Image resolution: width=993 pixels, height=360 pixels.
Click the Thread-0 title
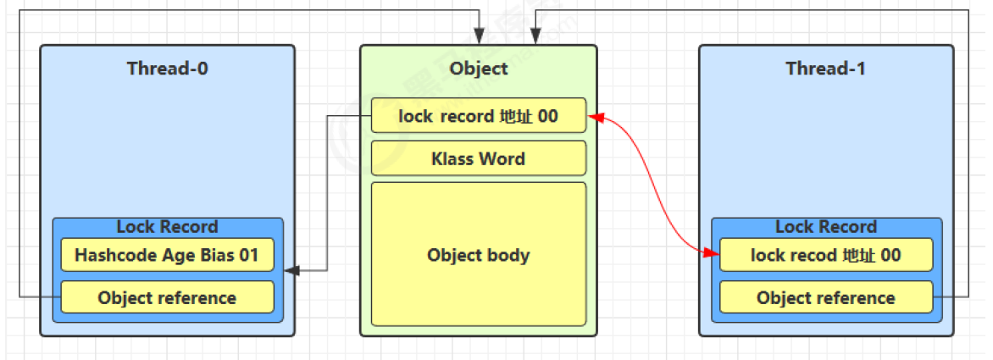pos(168,69)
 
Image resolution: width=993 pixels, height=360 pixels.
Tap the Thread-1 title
pos(825,69)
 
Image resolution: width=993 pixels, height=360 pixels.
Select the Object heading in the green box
pos(479,69)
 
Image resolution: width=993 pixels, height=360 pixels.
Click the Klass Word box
pos(479,158)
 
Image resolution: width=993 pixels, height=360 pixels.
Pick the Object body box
pos(479,254)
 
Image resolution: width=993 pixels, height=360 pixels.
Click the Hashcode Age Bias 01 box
pos(167,255)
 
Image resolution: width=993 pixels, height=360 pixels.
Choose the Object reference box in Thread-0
pos(167,297)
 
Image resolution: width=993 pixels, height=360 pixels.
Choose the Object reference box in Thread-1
pos(826,297)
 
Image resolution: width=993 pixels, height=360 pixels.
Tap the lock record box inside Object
pos(479,116)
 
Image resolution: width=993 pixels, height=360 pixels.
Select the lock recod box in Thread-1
pos(826,255)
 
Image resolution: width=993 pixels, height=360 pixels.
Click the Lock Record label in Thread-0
pos(167,227)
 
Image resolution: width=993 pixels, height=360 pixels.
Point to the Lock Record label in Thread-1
pos(826,227)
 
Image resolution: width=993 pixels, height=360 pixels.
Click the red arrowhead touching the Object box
pos(594,117)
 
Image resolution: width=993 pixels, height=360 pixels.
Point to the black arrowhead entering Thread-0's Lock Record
pos(290,271)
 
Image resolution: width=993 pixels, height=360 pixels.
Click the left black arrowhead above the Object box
pos(480,39)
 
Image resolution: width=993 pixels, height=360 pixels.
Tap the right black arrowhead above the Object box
pos(535,39)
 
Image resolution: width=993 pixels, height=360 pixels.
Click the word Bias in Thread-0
pos(219,255)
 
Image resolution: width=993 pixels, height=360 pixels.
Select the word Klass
pos(453,158)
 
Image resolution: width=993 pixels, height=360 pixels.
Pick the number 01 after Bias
pos(249,255)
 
